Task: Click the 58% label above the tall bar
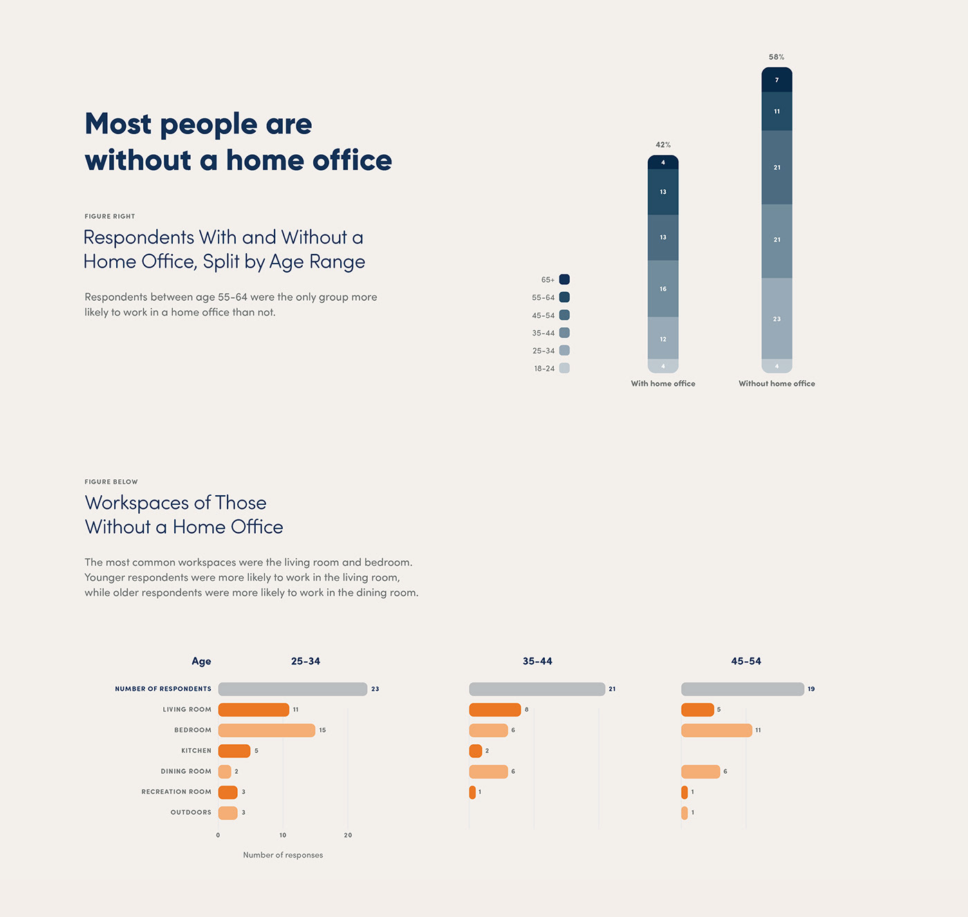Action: [776, 57]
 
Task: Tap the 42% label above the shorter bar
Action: [663, 145]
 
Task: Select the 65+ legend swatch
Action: [564, 279]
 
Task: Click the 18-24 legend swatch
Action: [564, 369]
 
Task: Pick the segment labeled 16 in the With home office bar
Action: [663, 289]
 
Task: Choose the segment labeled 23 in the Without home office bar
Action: [776, 319]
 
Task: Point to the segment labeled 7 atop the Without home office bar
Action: [776, 80]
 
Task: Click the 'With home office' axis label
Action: [663, 384]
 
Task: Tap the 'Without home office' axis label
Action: [776, 384]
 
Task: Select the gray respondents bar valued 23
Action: [292, 689]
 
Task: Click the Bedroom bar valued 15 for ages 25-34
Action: [267, 730]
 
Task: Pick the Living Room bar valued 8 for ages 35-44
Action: [495, 710]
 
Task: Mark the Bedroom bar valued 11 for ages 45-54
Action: [716, 730]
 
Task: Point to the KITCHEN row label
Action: [196, 751]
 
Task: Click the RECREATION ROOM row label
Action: [176, 792]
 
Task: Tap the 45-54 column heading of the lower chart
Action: [746, 662]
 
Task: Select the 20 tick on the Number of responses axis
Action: [348, 835]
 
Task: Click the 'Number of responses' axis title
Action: [283, 855]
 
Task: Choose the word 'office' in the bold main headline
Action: [352, 160]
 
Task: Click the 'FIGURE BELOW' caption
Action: [111, 482]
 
